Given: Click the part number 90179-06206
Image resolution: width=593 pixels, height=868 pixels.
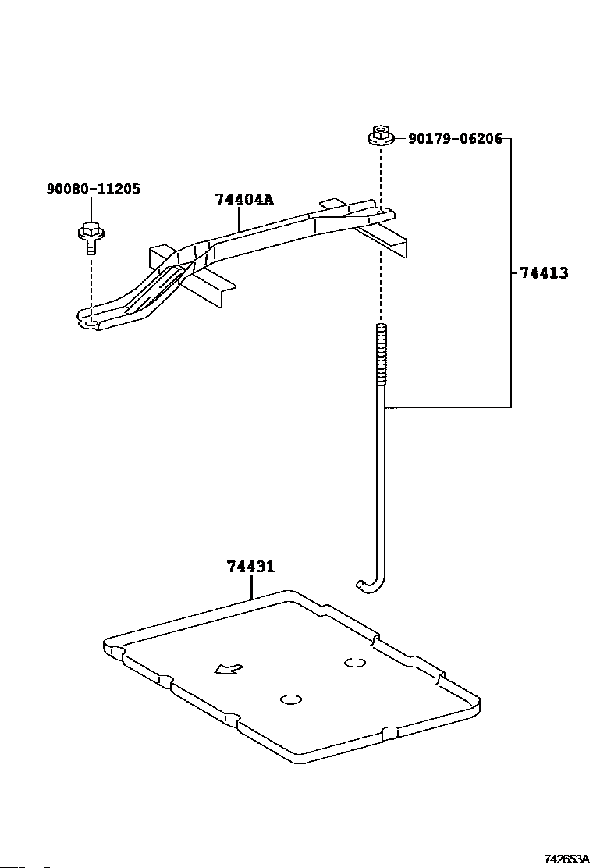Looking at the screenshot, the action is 455,138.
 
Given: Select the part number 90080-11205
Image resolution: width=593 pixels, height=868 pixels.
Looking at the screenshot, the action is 94,189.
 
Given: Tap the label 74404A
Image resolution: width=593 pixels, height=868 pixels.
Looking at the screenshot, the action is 244,199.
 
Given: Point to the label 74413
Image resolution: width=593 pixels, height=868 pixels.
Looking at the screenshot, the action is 545,273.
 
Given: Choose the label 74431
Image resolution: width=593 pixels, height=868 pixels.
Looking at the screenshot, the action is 250,567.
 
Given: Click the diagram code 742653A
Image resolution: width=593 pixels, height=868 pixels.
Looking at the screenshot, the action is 566,859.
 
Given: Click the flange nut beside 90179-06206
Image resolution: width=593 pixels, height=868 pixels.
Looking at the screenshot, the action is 380,136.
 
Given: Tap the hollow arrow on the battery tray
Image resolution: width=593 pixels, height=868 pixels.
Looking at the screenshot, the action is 229,669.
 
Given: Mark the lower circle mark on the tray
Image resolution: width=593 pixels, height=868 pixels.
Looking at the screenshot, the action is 291,699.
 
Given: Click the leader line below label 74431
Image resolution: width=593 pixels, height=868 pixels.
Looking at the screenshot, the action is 251,587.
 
